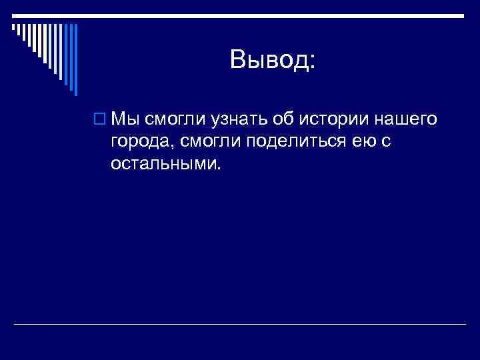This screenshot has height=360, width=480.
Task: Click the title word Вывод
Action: click(267, 61)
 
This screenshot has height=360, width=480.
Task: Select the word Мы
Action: click(125, 119)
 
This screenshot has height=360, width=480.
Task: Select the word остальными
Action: click(163, 163)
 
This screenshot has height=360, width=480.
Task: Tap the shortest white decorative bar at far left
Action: click(12, 27)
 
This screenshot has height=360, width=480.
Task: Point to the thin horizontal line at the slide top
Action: click(240, 15)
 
